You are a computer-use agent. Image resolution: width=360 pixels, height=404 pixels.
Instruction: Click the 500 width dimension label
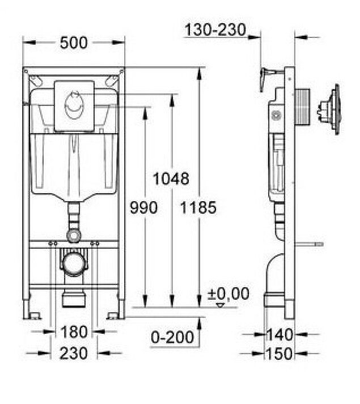[x=74, y=42]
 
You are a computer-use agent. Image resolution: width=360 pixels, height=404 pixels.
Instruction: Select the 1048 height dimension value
[x=171, y=178]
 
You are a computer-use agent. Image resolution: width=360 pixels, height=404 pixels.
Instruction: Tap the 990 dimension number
[x=143, y=207]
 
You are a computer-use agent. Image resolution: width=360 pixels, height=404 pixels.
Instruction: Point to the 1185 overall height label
[x=198, y=207]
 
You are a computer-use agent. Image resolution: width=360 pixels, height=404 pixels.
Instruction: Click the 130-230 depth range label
[x=215, y=29]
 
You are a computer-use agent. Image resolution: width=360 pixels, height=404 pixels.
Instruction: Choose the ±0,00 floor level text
[x=228, y=294]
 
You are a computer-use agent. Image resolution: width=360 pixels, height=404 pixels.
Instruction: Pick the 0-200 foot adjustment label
[x=172, y=337]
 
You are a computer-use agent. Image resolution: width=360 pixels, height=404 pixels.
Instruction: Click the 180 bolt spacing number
[x=74, y=332]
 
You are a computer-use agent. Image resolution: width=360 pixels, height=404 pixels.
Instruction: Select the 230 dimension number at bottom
[x=74, y=353]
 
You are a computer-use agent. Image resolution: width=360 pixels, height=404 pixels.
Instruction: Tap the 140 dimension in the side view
[x=280, y=335]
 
